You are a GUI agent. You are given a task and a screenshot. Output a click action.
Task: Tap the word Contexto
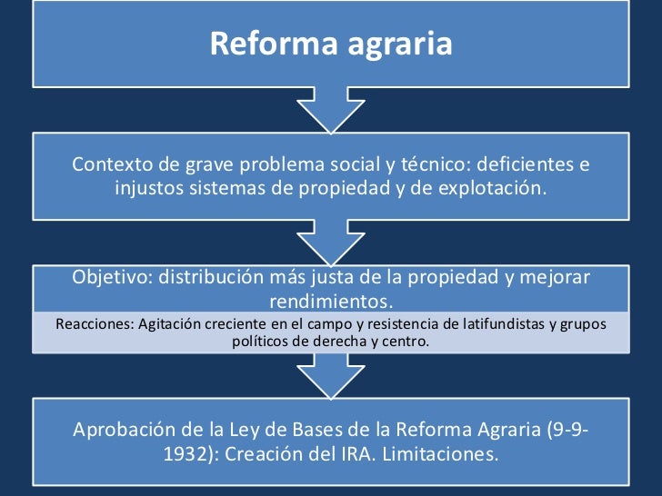110,164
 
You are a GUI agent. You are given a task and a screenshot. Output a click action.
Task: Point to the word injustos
149,189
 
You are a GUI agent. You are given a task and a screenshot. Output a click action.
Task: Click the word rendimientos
331,301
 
